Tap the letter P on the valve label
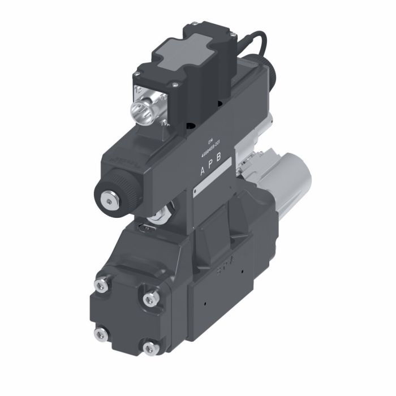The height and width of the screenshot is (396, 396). (x=210, y=164)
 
